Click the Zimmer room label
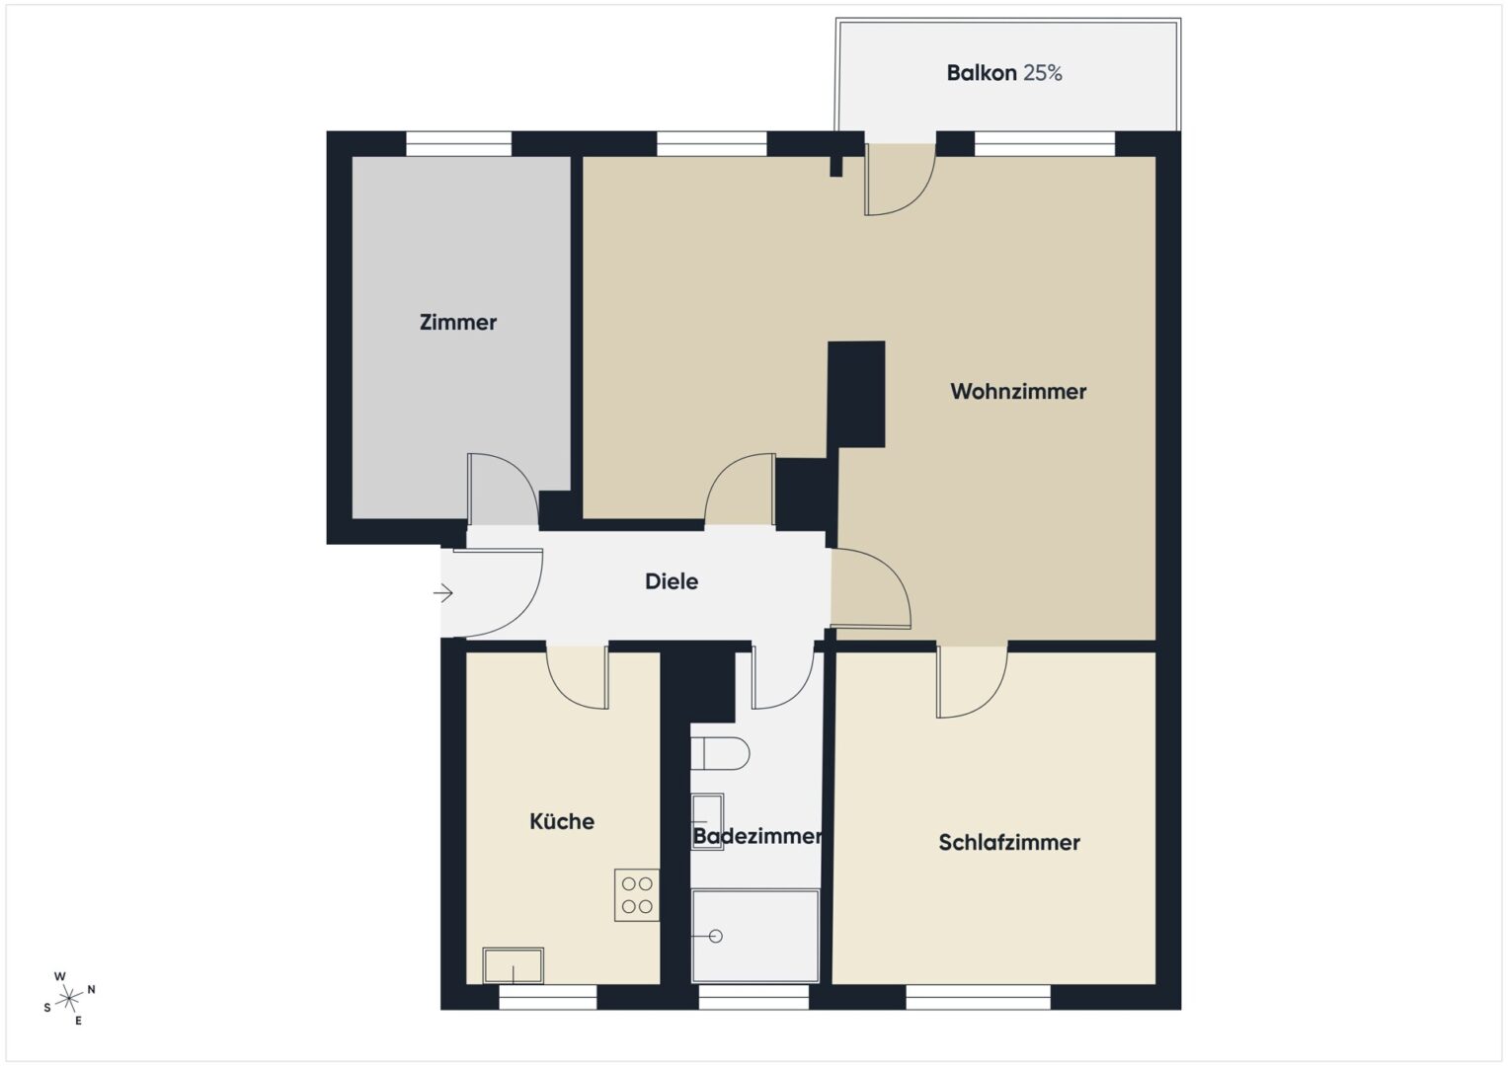coord(458,323)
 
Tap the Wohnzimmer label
coord(1018,391)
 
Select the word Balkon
coord(982,73)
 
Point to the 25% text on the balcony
coord(1043,73)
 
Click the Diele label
coord(672,580)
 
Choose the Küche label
coord(562,821)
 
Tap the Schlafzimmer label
coord(1009,842)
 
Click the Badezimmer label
coord(757,836)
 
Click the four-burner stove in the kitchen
coord(637,895)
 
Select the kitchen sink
coord(513,965)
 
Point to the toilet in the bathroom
coord(720,753)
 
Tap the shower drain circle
coord(716,936)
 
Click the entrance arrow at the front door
coord(443,593)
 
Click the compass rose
coord(69,997)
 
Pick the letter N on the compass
coord(92,989)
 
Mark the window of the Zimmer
coord(458,143)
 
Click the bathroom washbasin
coord(707,821)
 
